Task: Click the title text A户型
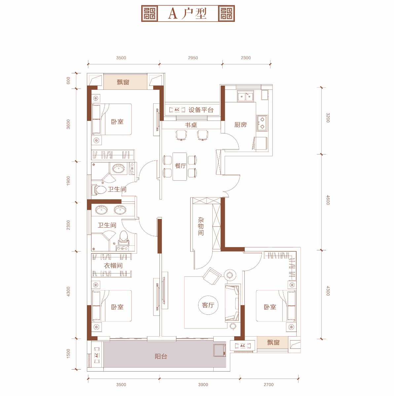click(x=187, y=14)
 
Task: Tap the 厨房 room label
click(x=240, y=125)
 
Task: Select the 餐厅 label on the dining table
click(x=180, y=166)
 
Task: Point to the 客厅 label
click(x=208, y=305)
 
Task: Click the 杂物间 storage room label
click(x=201, y=226)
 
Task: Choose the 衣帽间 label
click(x=113, y=266)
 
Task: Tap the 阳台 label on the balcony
click(x=161, y=356)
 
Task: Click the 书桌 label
click(x=191, y=125)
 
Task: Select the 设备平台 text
click(x=201, y=110)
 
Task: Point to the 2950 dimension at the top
click(x=193, y=58)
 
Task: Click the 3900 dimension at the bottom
click(x=203, y=384)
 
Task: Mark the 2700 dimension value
click(x=269, y=384)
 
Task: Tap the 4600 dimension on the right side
click(x=328, y=200)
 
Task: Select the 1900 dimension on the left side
click(x=68, y=181)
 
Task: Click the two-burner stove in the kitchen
click(x=262, y=123)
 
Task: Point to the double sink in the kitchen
click(x=245, y=96)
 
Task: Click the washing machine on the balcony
click(x=219, y=350)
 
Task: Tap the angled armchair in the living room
click(x=212, y=276)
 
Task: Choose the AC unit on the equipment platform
click(x=177, y=110)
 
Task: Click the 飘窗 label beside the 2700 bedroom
click(x=273, y=342)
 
